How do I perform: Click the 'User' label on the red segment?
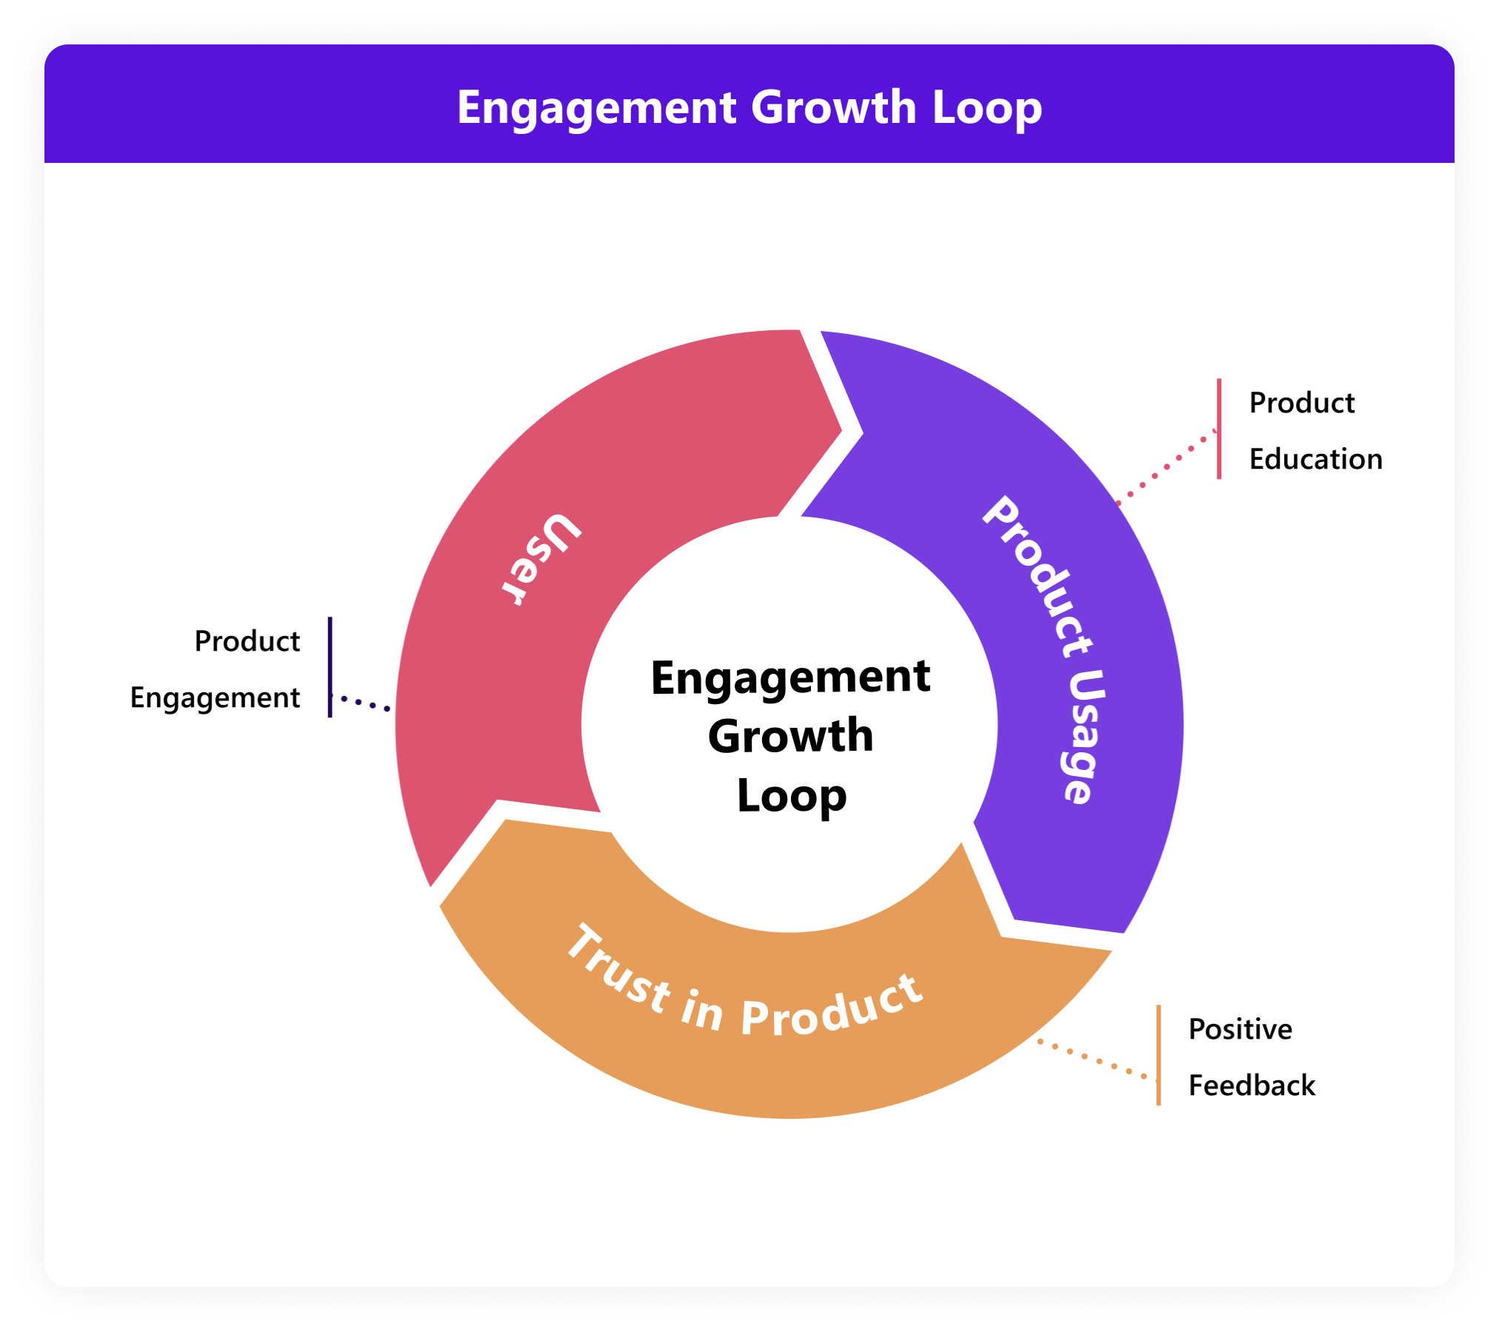pyautogui.click(x=541, y=559)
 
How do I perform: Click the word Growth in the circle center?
pyautogui.click(x=790, y=736)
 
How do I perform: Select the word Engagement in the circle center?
pyautogui.click(x=790, y=677)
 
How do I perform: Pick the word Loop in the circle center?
pyautogui.click(x=791, y=795)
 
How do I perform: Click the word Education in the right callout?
pyautogui.click(x=1315, y=459)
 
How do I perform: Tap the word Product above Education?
pyautogui.click(x=1301, y=403)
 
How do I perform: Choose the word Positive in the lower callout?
pyautogui.click(x=1240, y=1029)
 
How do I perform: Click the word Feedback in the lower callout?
pyautogui.click(x=1252, y=1085)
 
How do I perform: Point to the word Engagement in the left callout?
pyautogui.click(x=215, y=698)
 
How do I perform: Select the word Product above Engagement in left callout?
pyautogui.click(x=247, y=641)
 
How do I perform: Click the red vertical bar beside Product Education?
pyautogui.click(x=1219, y=429)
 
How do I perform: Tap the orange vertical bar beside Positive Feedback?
pyautogui.click(x=1158, y=1054)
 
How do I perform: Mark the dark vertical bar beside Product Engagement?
pyautogui.click(x=330, y=666)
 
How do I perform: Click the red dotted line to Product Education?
pyautogui.click(x=1166, y=466)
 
